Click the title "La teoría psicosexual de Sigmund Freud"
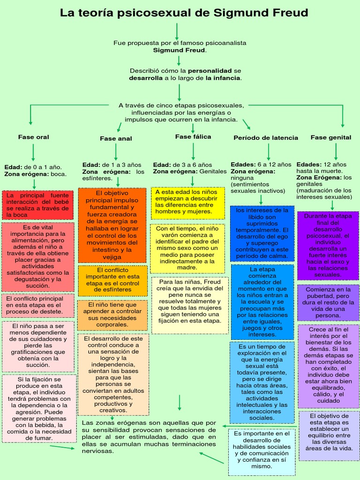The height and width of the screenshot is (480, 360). (184, 13)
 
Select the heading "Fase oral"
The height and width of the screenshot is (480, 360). (34, 137)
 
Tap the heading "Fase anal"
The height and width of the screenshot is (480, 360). (116, 138)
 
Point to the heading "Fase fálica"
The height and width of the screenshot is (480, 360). (193, 136)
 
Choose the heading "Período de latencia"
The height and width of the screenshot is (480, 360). (266, 137)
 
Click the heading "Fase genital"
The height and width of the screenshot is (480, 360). (331, 137)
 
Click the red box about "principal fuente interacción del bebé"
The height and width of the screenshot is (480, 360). (37, 205)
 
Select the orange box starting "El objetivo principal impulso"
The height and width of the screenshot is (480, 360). (112, 225)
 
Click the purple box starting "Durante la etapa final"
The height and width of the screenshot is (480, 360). (328, 245)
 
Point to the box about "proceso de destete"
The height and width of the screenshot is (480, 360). (37, 305)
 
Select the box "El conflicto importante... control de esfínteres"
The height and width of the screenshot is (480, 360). (112, 280)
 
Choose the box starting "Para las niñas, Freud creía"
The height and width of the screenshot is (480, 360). (190, 305)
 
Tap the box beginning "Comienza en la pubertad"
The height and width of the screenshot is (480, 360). (328, 302)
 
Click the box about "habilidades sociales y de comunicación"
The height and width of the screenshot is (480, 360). (262, 450)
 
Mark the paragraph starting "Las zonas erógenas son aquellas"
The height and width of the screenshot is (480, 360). (149, 437)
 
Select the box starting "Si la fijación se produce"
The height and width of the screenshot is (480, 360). (39, 408)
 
